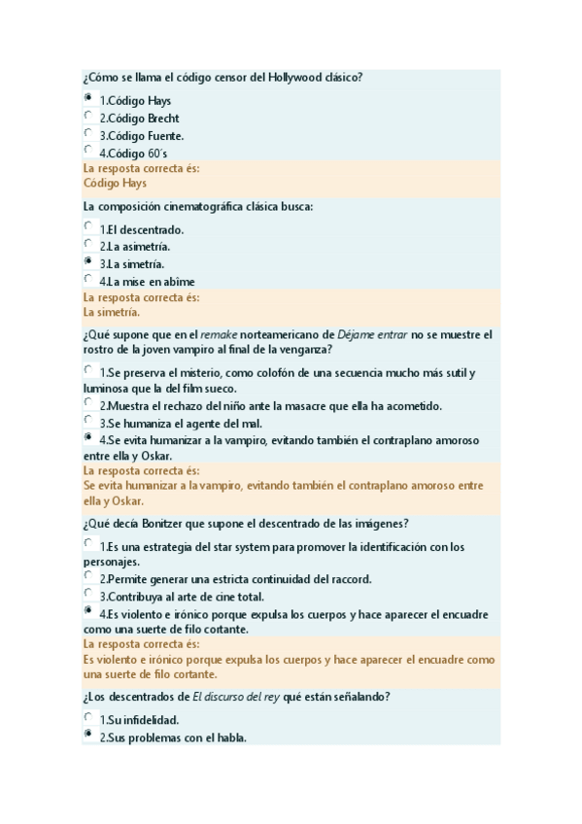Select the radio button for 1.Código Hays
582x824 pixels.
[88, 98]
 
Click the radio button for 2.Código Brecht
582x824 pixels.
[88, 116]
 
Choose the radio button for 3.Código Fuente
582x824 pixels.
[88, 133]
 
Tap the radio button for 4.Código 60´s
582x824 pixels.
[88, 151]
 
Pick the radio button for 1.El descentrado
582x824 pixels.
[88, 226]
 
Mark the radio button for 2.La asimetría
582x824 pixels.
[88, 244]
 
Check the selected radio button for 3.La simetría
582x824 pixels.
[88, 261]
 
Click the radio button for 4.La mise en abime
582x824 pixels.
[88, 279]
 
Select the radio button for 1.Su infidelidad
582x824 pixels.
[88, 717]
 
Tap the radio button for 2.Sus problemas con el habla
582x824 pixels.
[88, 735]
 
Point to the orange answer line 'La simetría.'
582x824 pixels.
[112, 313]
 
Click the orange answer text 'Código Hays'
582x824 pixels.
[115, 183]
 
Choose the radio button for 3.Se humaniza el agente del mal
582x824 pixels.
[88, 421]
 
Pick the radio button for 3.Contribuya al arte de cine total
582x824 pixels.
[88, 594]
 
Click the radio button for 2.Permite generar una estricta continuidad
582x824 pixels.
[88, 576]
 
